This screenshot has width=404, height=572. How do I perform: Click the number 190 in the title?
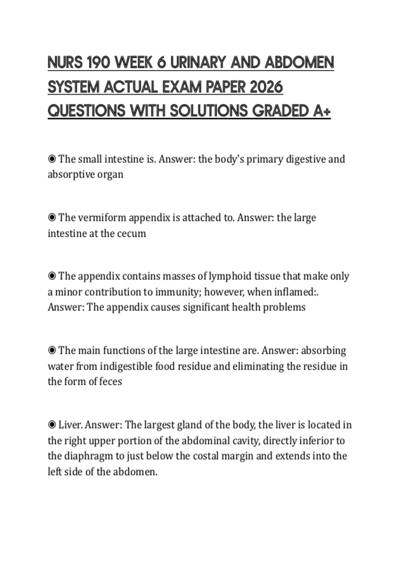99,63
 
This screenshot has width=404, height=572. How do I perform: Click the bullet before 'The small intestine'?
52,159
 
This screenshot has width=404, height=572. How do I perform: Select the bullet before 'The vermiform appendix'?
52,218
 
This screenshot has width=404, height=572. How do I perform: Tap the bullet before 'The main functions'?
52,351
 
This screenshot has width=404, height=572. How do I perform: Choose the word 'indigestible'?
126,366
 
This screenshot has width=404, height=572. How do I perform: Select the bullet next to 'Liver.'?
52,425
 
